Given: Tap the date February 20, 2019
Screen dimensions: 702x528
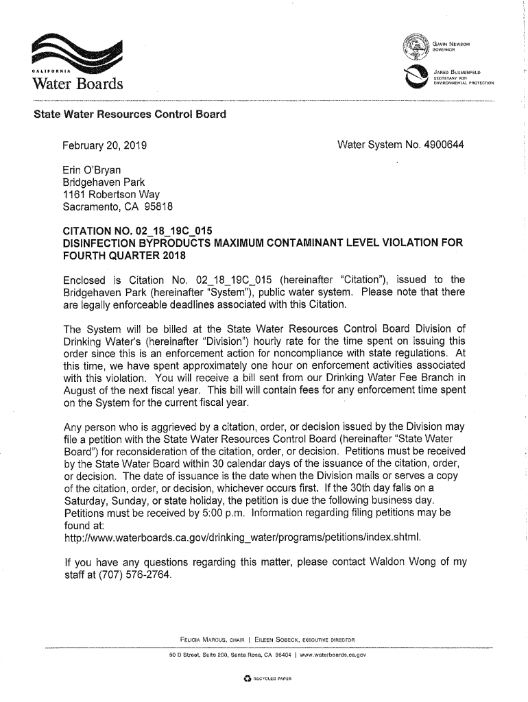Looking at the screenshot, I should tap(106, 146).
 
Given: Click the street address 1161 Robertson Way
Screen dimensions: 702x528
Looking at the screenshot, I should tap(110, 194).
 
